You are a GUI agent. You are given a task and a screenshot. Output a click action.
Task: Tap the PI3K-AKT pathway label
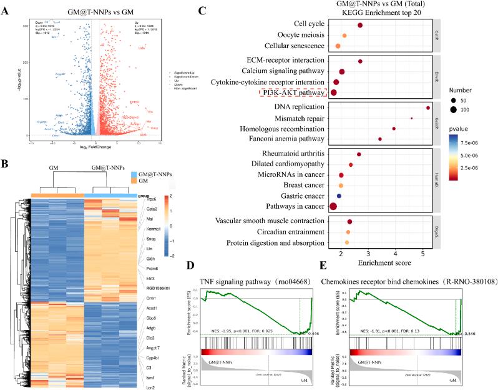click(293, 92)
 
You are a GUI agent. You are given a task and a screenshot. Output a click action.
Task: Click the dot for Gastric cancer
click(339, 196)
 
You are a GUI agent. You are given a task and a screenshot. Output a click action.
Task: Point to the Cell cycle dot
click(360, 25)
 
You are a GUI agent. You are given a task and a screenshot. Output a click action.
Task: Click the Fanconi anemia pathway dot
click(380, 139)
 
